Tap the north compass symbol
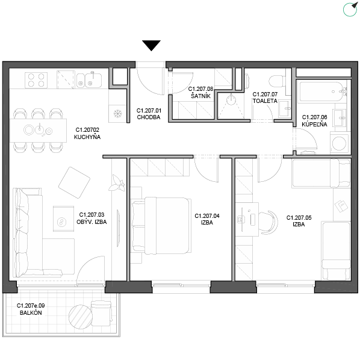350,10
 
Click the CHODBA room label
149,117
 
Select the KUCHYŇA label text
87,137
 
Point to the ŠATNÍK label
200,96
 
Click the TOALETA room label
265,101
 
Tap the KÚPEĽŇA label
314,124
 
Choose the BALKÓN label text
31,312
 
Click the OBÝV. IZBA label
92,222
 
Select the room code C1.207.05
299,218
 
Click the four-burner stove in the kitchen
36,80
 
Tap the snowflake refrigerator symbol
117,113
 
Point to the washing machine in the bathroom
340,143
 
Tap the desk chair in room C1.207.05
268,223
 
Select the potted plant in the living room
117,184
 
